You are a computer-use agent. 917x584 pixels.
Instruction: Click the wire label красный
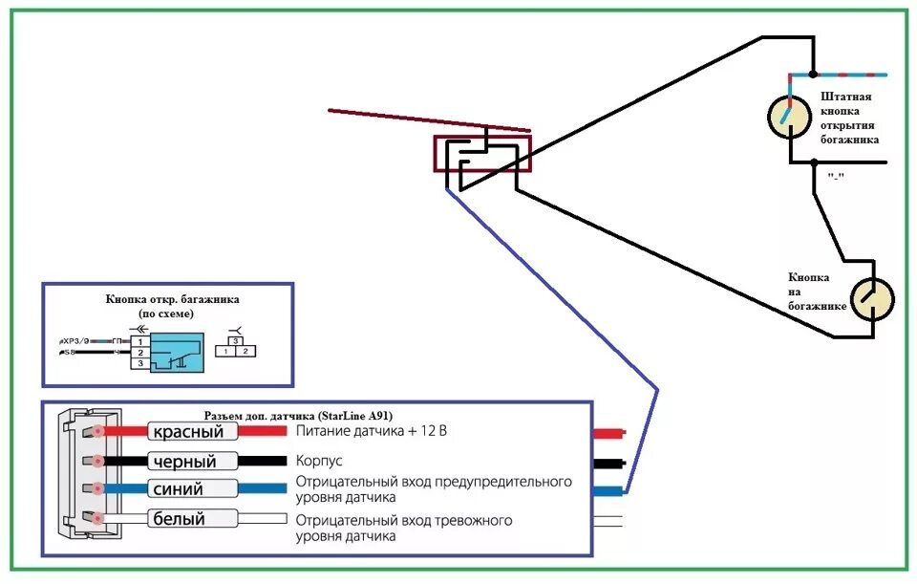point(192,432)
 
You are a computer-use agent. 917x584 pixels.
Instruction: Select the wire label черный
point(192,462)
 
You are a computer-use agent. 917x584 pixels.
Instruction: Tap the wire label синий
point(192,489)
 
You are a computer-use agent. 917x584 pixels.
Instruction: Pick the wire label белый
point(192,519)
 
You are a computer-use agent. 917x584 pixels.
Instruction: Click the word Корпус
point(320,460)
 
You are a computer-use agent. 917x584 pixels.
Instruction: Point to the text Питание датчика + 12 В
point(371,431)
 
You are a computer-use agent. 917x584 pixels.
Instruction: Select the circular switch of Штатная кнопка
point(791,116)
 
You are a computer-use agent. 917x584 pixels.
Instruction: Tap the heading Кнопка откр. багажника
point(173,299)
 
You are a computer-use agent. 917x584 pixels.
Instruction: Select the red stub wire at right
point(608,433)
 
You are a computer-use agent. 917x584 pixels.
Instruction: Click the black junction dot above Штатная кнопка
point(813,75)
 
